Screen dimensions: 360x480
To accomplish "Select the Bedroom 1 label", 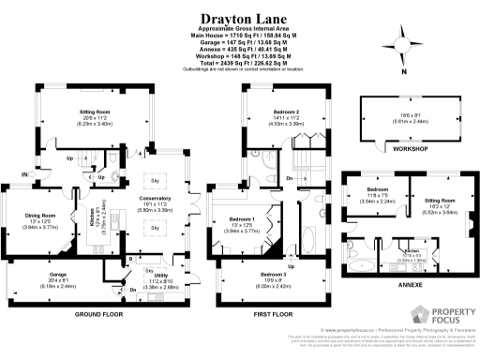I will point(244,220).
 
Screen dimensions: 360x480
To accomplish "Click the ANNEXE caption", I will point(409,283).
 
